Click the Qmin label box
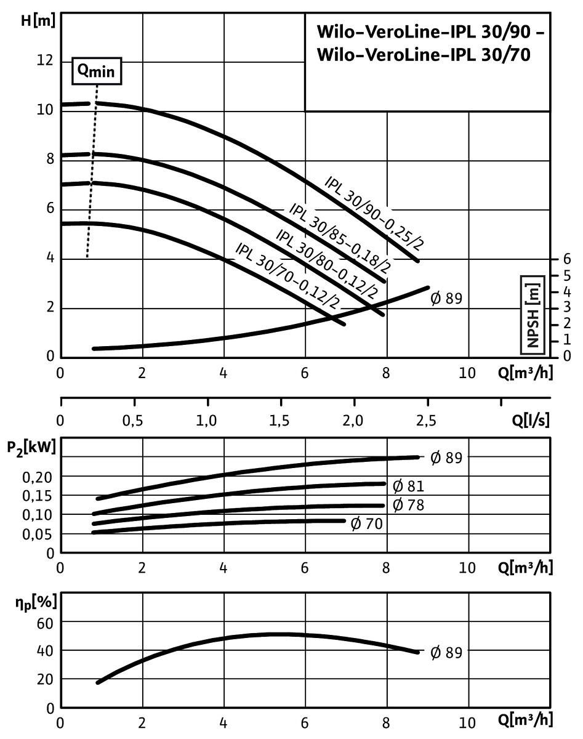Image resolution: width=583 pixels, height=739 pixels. [x=95, y=71]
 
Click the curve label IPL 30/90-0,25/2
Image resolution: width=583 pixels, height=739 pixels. [x=374, y=213]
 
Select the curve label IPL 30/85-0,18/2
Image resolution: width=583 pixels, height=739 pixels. [x=340, y=237]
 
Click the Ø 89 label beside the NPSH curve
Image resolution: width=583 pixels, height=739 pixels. [x=446, y=299]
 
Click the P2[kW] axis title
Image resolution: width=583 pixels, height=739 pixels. [x=31, y=448]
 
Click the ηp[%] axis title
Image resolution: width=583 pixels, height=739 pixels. [x=33, y=602]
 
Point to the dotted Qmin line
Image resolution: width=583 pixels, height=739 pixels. [x=91, y=185]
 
